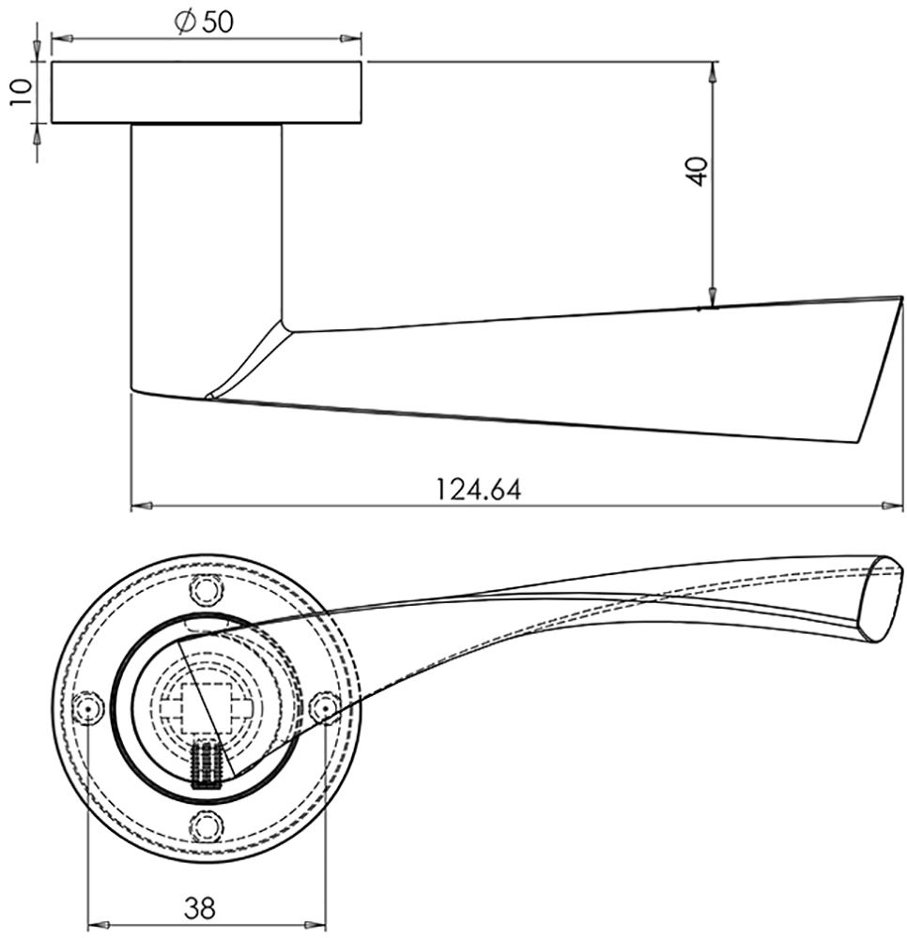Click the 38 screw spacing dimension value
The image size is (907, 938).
coord(199,908)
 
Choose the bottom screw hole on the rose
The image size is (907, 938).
coord(206,825)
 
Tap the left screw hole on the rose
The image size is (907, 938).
coord(88,708)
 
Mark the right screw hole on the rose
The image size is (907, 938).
coord(323,708)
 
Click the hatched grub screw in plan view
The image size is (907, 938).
coord(205,764)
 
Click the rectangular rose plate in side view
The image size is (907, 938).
coord(207,93)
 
